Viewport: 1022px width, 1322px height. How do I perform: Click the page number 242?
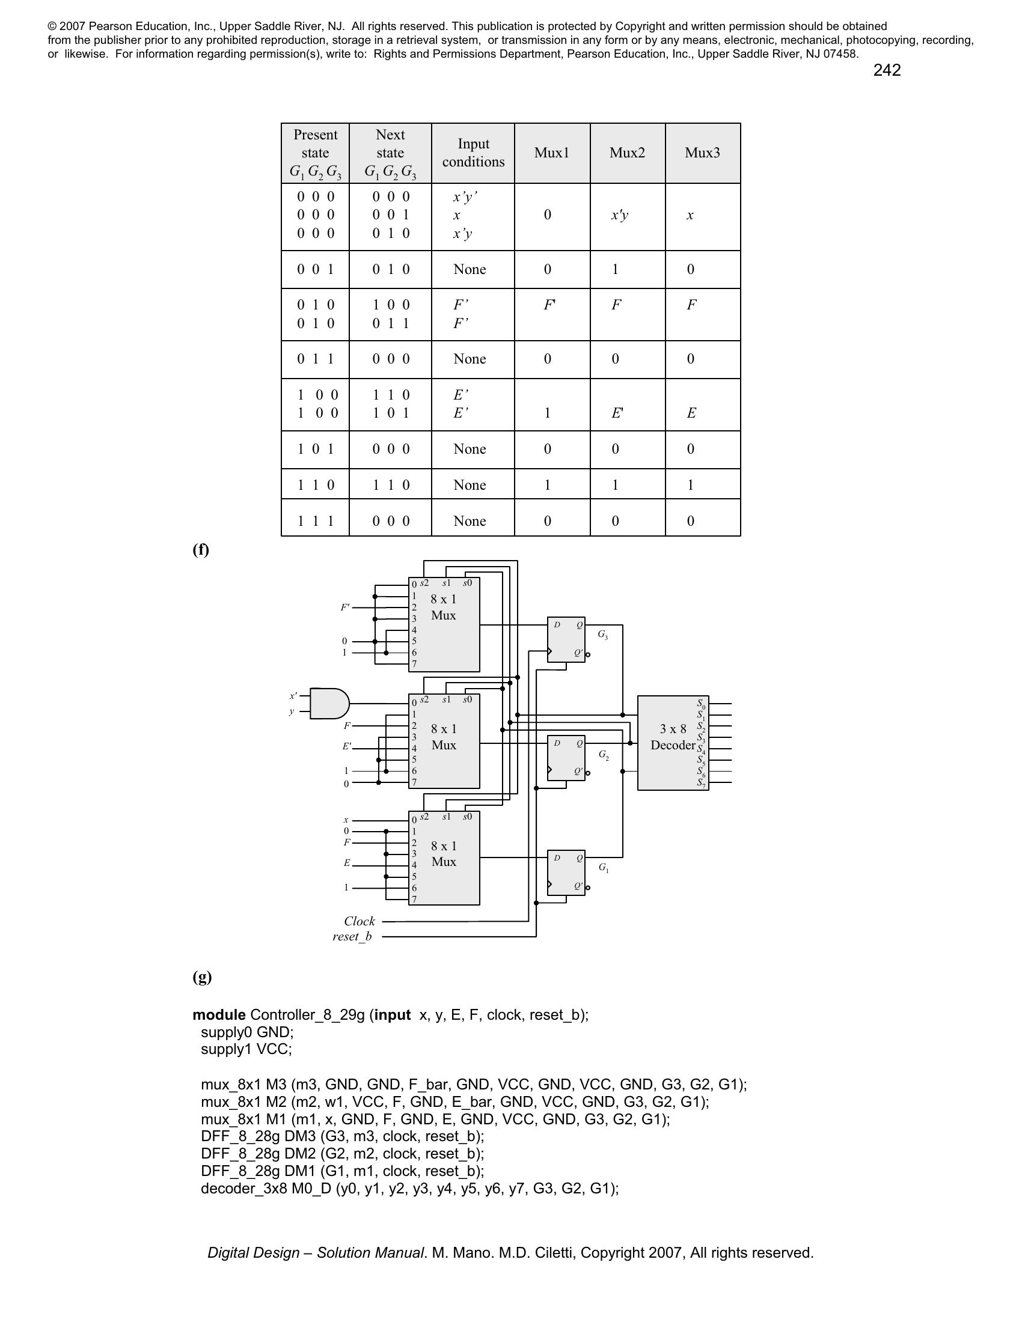coord(886,70)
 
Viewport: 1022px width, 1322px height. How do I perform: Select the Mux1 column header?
coord(551,153)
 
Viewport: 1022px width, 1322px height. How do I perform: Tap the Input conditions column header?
coord(473,153)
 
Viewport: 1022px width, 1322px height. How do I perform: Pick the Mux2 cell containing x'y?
coord(619,215)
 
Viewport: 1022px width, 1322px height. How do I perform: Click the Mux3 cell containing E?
coord(691,413)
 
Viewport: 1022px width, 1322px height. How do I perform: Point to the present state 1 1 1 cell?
coord(316,520)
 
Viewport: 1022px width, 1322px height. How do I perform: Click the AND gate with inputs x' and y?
coord(329,704)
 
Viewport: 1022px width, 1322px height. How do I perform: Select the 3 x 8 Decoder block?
coord(673,743)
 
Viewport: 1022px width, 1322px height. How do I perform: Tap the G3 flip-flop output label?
coord(602,635)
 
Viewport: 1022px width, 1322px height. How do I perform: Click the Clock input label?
coord(359,921)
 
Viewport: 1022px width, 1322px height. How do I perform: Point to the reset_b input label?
coord(352,936)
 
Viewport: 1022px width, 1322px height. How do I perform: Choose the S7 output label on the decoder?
coord(701,782)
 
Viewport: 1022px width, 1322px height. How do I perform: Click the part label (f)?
coord(201,549)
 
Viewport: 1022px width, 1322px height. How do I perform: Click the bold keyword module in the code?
coord(219,1015)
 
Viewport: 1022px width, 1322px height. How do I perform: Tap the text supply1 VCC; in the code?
coord(246,1049)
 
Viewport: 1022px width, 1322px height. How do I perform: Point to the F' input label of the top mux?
coord(344,607)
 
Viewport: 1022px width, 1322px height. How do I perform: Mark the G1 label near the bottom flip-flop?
coord(604,867)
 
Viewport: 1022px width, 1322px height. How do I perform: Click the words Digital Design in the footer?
coord(253,1252)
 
